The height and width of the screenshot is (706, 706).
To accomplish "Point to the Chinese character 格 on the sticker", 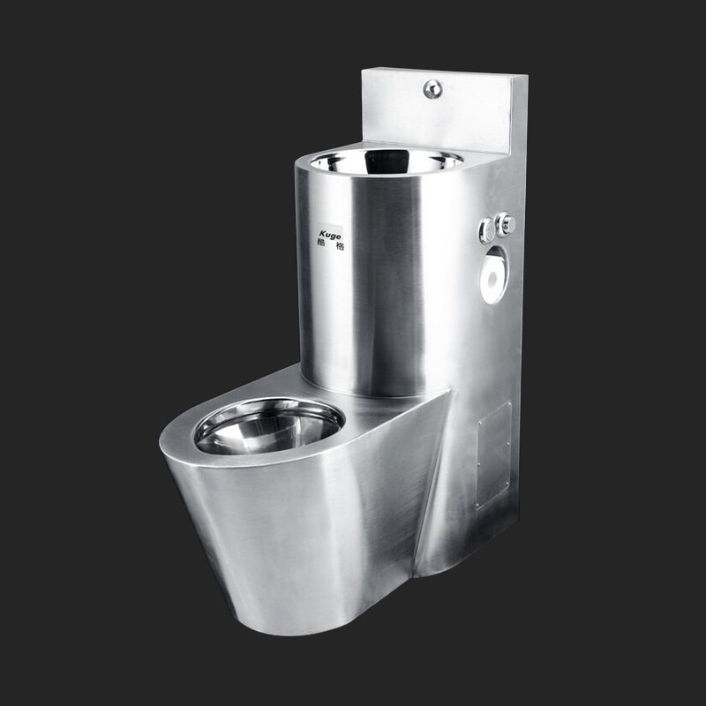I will click(x=340, y=245).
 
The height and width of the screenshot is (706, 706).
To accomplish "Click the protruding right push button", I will click(x=506, y=224).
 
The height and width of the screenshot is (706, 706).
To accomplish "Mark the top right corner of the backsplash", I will click(x=526, y=78).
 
